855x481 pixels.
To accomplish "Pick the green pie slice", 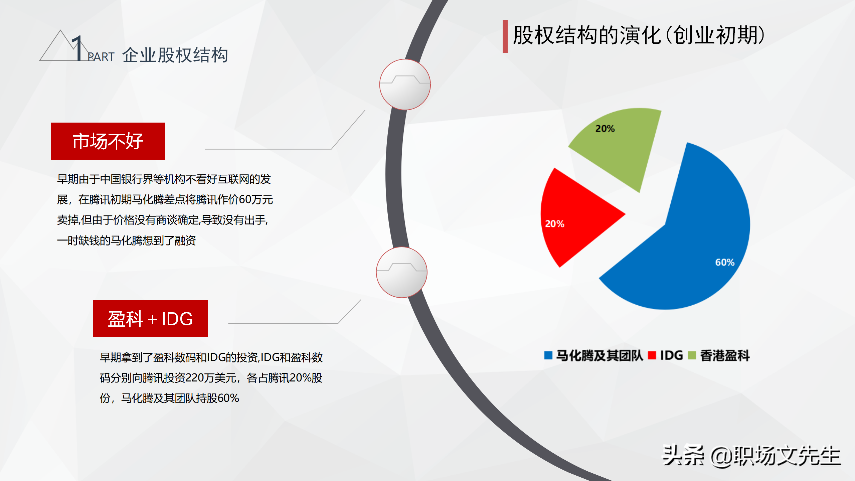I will point(621,144).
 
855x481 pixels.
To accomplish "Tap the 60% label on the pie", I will point(725,263).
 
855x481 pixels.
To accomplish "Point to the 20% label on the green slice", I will point(605,129).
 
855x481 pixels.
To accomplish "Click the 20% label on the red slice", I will point(555,224).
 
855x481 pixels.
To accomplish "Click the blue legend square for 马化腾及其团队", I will point(548,355).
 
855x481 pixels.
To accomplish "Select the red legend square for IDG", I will point(652,355).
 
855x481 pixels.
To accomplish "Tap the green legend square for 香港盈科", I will point(692,355).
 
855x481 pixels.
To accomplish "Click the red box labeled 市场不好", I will point(108,141).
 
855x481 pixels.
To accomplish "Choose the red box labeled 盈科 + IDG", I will point(150,318).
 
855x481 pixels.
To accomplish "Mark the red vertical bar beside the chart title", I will point(505,36).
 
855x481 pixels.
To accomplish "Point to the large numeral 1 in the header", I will point(78,48).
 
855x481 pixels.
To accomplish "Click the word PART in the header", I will point(101,57).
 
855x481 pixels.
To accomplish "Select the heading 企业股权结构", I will point(175,55).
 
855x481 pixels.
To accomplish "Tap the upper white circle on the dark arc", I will point(405,85).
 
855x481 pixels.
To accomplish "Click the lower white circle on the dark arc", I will point(401,272).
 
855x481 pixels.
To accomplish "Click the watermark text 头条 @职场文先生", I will point(751,456).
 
